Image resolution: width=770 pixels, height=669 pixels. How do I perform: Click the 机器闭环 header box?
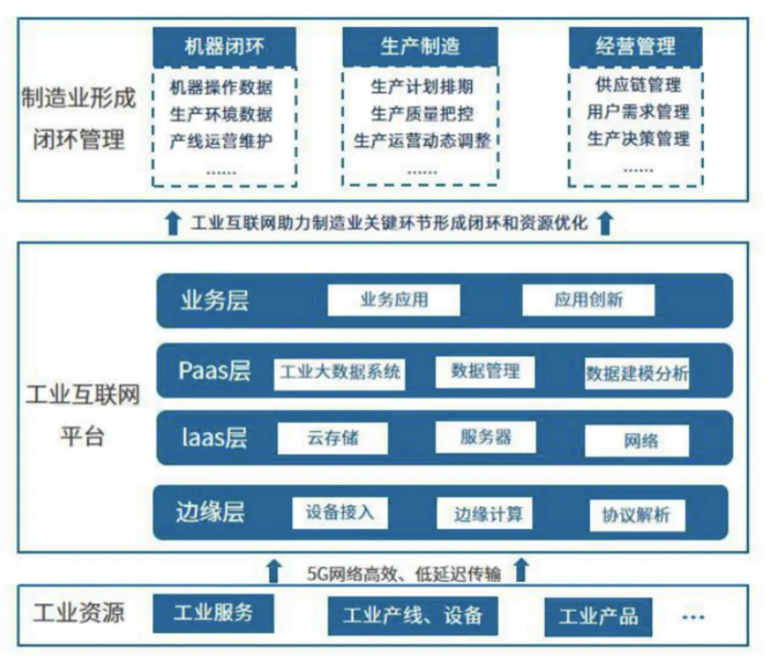(x=224, y=47)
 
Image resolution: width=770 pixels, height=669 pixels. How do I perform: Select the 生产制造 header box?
(x=420, y=47)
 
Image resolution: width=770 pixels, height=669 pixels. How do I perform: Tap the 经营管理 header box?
(x=635, y=47)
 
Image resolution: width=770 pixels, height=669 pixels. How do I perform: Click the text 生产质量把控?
(x=421, y=113)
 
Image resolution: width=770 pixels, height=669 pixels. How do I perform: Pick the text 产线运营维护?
(x=221, y=141)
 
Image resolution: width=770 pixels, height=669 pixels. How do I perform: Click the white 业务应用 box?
(x=393, y=300)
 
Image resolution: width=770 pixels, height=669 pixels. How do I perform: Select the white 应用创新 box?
(x=588, y=300)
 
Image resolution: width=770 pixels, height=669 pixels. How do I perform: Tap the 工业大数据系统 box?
(x=340, y=373)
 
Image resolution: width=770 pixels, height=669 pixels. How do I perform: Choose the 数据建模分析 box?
(x=636, y=375)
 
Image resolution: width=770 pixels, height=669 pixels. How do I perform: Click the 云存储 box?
(x=333, y=439)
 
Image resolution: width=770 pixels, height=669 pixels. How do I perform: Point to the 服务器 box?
(x=486, y=438)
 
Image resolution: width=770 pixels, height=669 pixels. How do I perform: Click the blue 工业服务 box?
(x=213, y=614)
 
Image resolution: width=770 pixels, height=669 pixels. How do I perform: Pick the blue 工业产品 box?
(x=598, y=616)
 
